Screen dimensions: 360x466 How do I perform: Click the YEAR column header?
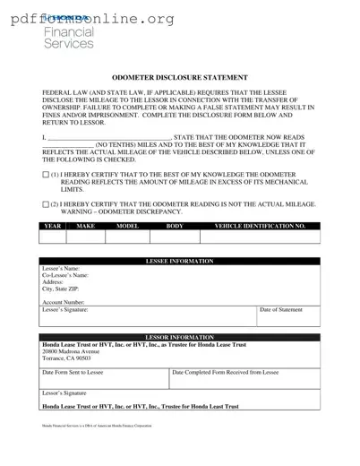[x=53, y=227]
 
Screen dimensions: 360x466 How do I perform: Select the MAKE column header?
[x=86, y=227]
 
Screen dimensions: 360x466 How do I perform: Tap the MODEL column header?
[x=128, y=227]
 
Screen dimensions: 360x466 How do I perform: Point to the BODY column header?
[x=175, y=227]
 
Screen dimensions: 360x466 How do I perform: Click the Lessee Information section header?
[x=179, y=261]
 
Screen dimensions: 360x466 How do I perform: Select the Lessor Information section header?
[x=179, y=338]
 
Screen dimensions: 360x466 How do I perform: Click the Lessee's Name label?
[x=61, y=268]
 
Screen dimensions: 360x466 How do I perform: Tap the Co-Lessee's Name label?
[x=65, y=275]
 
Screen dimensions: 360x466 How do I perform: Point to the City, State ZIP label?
[x=61, y=289]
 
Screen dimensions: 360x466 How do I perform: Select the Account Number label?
[x=64, y=303]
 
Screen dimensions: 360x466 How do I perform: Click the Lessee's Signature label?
[x=65, y=310]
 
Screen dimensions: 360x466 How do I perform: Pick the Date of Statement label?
[x=280, y=310]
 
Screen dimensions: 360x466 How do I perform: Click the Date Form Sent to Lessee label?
[x=73, y=372]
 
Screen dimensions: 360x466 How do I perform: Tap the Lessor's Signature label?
[x=64, y=393]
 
